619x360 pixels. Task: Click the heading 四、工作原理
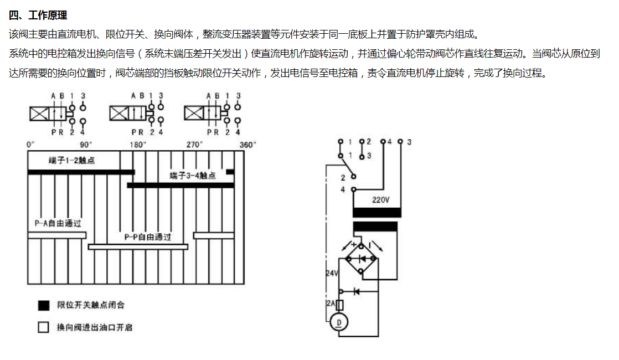point(38,16)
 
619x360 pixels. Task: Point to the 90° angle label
point(86,145)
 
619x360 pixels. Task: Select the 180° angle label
point(138,145)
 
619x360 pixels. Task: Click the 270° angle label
point(194,145)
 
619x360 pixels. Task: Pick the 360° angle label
point(247,145)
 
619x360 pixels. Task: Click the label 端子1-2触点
point(71,160)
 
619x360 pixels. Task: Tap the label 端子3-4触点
point(193,175)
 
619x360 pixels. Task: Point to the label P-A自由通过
point(58,223)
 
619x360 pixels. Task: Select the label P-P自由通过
point(148,237)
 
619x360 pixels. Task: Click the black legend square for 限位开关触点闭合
point(43,305)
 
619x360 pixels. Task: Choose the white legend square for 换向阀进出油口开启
point(43,327)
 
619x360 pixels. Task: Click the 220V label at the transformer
point(380,200)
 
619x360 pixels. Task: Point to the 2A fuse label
point(331,303)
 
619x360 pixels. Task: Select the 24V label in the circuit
point(332,273)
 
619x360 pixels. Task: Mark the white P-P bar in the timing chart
point(138,246)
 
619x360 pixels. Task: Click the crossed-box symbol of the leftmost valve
point(39,114)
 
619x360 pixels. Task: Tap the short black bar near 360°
point(230,172)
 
